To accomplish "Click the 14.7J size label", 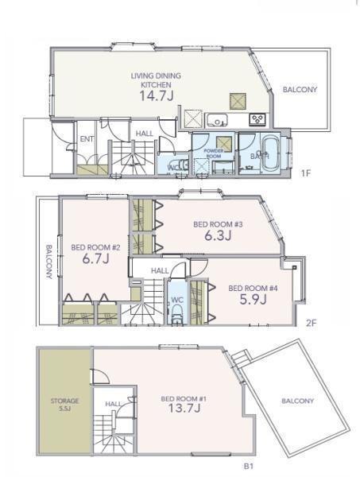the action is [157, 96].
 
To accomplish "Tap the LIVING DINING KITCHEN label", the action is [156, 80].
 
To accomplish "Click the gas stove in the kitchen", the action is [257, 119].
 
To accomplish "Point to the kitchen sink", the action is [217, 120].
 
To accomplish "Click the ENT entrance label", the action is [87, 139].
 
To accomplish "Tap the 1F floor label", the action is [305, 173].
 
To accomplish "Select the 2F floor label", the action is [311, 323].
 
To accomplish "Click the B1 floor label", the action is [249, 466].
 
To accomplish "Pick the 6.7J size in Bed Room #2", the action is [96, 259].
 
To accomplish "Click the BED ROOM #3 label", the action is [218, 224].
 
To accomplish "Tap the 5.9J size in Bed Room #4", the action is [253, 300].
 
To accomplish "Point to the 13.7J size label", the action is [184, 408].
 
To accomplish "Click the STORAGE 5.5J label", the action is [64, 405].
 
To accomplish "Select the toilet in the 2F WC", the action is [176, 314].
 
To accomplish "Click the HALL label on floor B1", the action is [113, 404].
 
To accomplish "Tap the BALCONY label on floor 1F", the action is [300, 89].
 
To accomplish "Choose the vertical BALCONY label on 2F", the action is [49, 262].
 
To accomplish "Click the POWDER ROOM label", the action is [214, 153].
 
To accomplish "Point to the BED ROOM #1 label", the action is [184, 398].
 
